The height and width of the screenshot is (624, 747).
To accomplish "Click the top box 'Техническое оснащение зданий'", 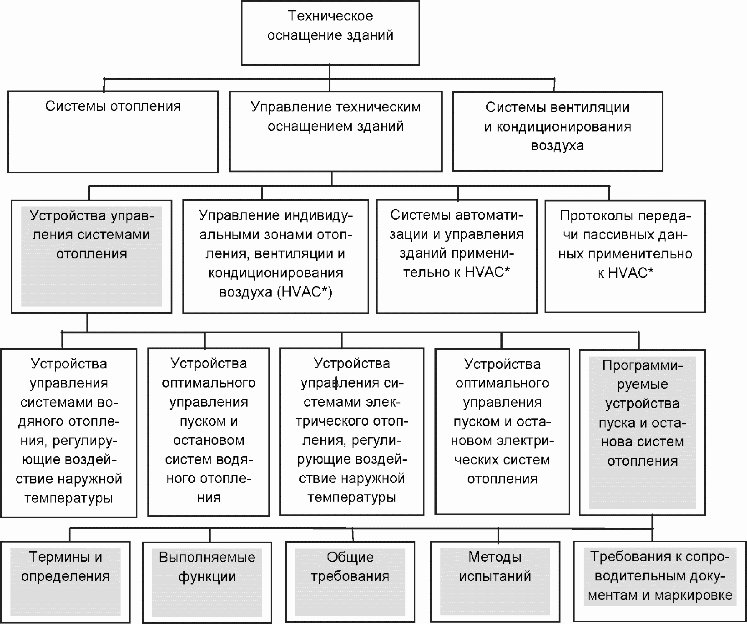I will tap(330, 33).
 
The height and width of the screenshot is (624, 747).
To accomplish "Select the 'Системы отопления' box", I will tap(113, 131).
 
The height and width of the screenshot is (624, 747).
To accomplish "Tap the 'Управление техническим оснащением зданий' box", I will tap(335, 131).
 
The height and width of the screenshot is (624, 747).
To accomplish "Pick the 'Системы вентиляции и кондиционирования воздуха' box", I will tap(557, 131).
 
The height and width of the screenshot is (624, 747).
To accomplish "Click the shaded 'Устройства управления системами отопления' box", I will tap(91, 257).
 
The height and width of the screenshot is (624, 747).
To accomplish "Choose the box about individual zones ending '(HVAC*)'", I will tap(275, 257).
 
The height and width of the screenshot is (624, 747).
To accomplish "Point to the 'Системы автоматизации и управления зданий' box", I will tap(456, 257).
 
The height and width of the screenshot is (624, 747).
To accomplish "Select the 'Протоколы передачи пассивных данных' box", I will tap(625, 257).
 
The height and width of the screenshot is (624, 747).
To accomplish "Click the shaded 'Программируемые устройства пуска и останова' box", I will tap(642, 432).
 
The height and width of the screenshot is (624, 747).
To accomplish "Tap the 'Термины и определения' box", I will tap(66, 581).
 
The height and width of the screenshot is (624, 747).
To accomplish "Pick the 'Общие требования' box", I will tap(350, 581).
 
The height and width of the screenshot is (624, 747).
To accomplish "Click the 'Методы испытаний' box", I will tap(495, 581).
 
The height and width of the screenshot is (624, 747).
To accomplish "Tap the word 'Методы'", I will tap(495, 557).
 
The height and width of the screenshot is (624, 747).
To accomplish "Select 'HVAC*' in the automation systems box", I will tap(487, 272).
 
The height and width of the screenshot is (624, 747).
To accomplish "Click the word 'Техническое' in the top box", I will tap(330, 16).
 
